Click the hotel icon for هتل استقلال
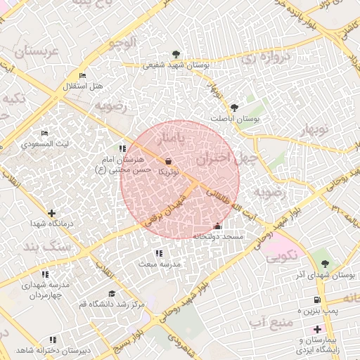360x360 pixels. [83, 75]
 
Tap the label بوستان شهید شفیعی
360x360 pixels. [175, 65]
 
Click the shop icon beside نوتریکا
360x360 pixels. [169, 161]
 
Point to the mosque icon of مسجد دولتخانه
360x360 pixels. [217, 226]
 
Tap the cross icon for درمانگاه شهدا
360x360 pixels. [51, 213]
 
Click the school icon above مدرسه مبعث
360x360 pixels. [159, 253]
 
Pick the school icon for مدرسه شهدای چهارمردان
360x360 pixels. [46, 274]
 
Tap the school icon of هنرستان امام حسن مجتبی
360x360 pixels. [123, 148]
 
